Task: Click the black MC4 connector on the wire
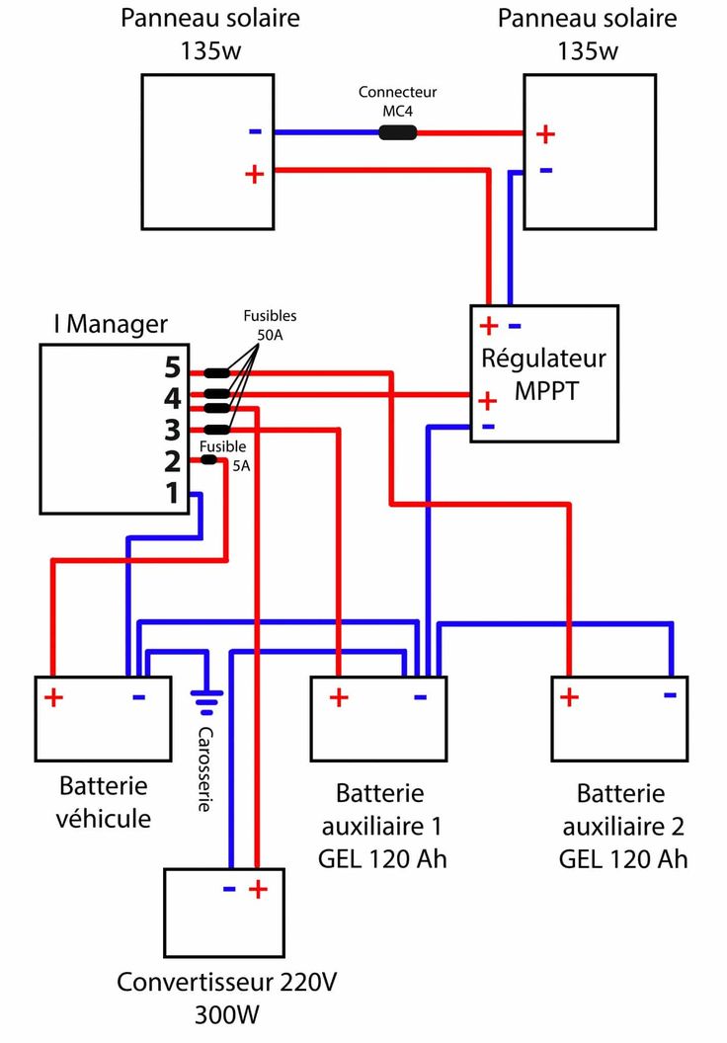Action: pos(397,132)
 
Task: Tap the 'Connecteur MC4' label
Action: pos(397,101)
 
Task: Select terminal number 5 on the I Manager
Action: pos(173,369)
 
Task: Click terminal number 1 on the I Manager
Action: pos(173,492)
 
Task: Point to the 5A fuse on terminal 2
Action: pos(208,460)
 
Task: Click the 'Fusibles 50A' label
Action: pos(270,325)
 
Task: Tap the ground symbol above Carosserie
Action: pos(204,703)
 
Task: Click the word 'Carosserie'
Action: pos(204,769)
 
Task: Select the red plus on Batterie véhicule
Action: pos(53,698)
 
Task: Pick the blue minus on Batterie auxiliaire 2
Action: pos(670,694)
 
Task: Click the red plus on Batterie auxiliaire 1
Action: pos(339,697)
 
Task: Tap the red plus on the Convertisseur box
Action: pos(258,889)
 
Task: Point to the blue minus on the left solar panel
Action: pos(255,131)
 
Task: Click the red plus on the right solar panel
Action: pos(545,133)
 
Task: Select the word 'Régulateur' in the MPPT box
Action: pos(544,358)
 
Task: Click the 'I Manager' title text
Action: pos(111,324)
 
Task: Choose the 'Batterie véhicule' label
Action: pos(104,802)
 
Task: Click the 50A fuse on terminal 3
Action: pos(216,429)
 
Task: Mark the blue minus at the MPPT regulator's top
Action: pos(514,325)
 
